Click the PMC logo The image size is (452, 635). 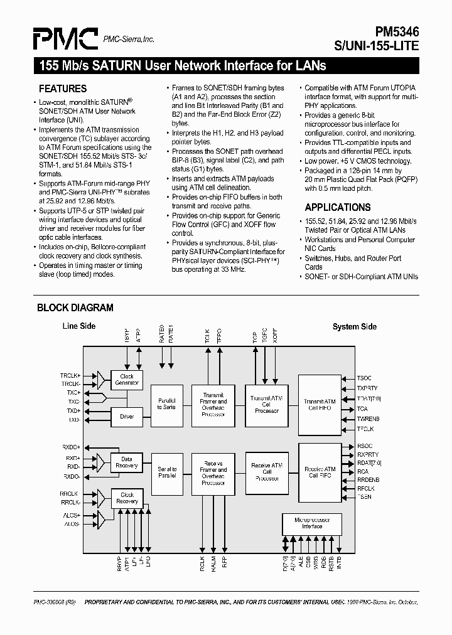66,38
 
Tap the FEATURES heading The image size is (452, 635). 63,88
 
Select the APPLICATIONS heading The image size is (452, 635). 337,207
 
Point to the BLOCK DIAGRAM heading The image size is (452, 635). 75,307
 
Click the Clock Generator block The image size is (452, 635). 127,380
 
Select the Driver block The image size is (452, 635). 127,415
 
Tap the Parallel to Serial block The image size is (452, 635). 167,403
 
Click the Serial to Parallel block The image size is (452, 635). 167,472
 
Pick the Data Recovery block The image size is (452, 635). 127,462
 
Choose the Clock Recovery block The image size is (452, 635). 127,498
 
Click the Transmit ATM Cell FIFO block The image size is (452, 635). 320,405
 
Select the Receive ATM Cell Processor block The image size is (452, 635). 267,471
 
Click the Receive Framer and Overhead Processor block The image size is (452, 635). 213,471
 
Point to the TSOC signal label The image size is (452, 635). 364,378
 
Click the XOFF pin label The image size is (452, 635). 275,337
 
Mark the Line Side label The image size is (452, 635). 78,326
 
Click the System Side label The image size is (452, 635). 354,326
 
